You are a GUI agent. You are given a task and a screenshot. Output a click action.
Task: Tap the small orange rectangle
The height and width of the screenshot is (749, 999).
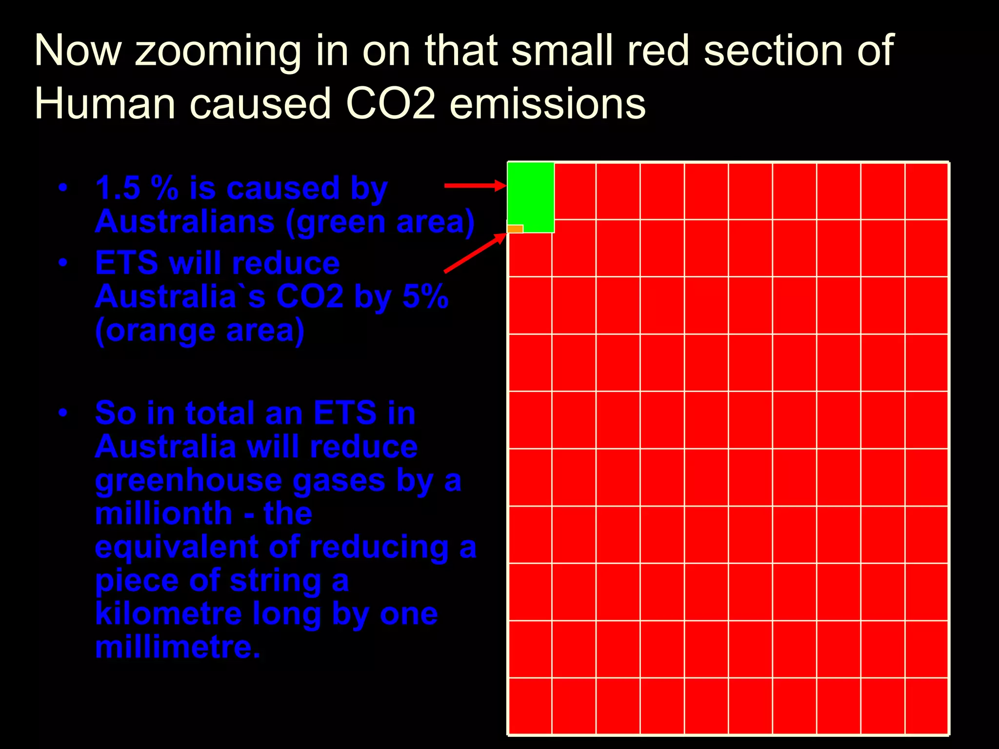(515, 229)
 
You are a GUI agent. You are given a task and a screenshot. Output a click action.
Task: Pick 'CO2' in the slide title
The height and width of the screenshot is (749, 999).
(390, 103)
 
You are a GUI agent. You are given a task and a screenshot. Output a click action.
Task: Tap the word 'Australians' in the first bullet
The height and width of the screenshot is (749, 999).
(185, 222)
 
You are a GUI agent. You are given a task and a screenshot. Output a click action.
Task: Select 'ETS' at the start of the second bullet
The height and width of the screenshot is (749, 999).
(126, 263)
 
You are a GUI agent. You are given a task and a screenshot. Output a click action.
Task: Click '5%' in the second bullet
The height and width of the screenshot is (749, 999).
(425, 296)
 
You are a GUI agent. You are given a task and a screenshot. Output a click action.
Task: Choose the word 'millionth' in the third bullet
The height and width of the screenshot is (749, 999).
(163, 513)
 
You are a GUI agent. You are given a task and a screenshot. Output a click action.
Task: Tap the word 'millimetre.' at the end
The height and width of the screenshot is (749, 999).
(178, 647)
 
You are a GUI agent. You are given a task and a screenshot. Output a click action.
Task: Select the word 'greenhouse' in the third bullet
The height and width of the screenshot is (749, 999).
(188, 480)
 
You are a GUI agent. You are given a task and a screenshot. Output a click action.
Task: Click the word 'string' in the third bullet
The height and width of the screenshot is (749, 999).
(275, 581)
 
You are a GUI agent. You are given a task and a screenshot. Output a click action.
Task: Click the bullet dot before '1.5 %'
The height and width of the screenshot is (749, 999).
(62, 188)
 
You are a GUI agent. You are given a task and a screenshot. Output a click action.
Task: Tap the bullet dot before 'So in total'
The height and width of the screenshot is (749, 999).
(62, 413)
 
